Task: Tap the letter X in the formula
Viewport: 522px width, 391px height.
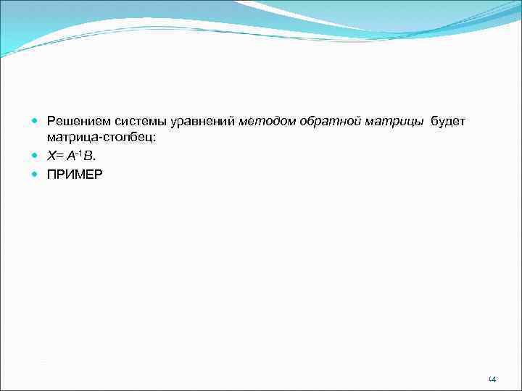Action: click(51, 156)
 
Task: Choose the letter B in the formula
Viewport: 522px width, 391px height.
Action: click(87, 156)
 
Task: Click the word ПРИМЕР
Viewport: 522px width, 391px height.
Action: click(75, 175)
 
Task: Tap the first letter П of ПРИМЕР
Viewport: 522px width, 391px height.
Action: click(51, 175)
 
